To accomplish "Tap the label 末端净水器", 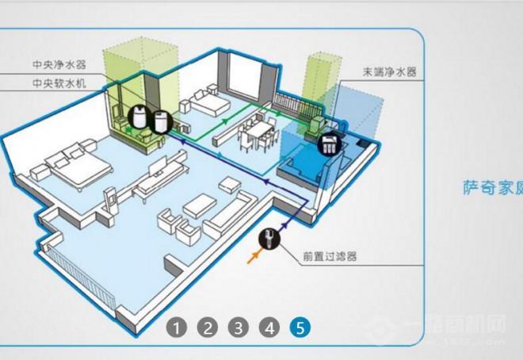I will pyautogui.click(x=390, y=71).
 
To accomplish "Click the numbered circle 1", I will pyautogui.click(x=178, y=327).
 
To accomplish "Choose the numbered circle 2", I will pyautogui.click(x=208, y=327).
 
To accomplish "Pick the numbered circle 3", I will pyautogui.click(x=239, y=327).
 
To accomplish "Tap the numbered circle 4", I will pyautogui.click(x=269, y=327).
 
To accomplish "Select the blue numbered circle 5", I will pyautogui.click(x=300, y=327).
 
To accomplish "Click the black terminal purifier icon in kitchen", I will pyautogui.click(x=328, y=145).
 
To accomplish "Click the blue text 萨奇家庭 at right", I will pyautogui.click(x=492, y=187).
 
